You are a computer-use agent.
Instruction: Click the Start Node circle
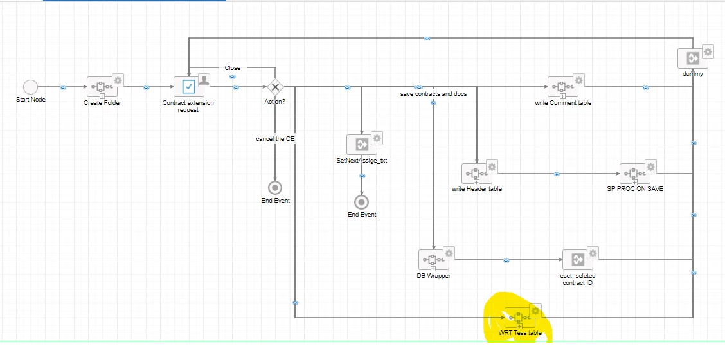click(30, 87)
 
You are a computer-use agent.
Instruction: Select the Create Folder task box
click(102, 87)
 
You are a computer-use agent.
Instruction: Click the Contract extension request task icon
click(189, 87)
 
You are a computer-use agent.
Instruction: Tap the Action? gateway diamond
click(276, 87)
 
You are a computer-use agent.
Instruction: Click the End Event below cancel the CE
click(275, 188)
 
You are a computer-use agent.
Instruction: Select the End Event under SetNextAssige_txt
click(362, 203)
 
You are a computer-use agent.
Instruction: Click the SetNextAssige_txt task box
click(362, 145)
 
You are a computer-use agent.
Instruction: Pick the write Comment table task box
click(562, 87)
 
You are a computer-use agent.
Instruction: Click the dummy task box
click(693, 59)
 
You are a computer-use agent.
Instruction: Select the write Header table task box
click(477, 174)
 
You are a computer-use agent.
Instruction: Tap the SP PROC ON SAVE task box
click(635, 174)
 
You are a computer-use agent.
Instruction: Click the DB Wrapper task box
click(434, 260)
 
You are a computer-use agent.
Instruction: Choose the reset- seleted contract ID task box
click(578, 260)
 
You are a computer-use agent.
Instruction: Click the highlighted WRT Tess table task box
click(520, 318)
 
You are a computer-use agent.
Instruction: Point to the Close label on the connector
click(233, 68)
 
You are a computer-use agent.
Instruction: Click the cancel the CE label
click(275, 138)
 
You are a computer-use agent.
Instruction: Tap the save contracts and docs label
click(434, 94)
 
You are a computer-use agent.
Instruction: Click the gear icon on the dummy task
click(708, 51)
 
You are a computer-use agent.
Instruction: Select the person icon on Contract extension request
click(204, 80)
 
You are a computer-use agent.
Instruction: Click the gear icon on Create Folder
click(118, 80)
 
